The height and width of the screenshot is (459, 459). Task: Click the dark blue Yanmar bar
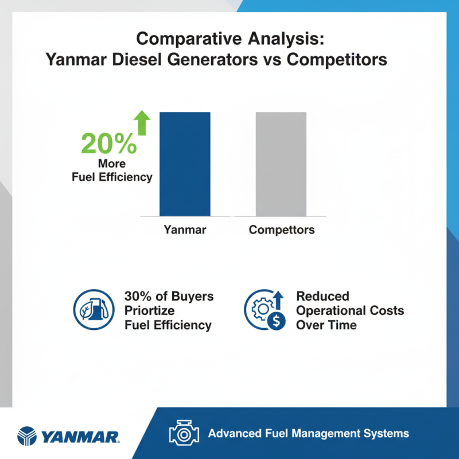tap(185, 164)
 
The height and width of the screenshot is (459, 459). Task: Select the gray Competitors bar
tap(281, 164)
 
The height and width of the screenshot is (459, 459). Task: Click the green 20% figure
tap(109, 144)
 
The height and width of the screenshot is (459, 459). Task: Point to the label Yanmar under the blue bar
tap(185, 230)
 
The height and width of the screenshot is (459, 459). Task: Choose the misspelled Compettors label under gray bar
tap(282, 230)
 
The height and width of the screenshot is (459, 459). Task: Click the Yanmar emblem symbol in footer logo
tap(29, 436)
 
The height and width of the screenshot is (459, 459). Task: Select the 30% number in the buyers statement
tap(138, 296)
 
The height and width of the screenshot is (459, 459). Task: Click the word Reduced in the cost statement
tap(322, 296)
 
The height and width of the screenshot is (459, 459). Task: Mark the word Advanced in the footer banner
tap(234, 433)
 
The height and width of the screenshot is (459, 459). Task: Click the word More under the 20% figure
tap(112, 164)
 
